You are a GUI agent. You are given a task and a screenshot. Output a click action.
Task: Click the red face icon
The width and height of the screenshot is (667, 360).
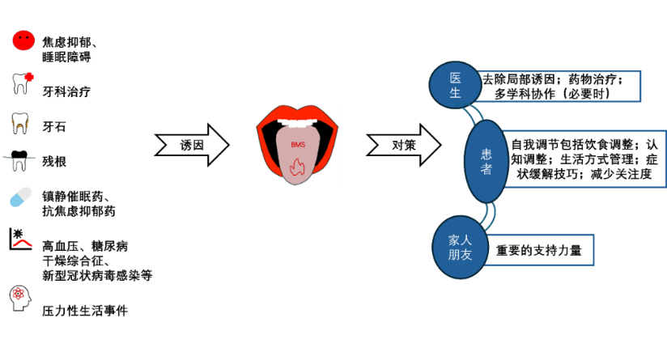23,40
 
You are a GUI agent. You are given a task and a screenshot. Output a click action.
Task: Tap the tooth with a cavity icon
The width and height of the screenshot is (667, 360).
20,122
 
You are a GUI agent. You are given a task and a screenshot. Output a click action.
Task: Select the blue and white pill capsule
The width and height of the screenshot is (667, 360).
21,197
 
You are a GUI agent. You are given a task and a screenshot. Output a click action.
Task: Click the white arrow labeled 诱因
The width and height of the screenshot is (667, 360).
192,145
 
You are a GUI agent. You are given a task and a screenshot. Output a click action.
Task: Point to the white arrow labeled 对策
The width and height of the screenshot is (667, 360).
404,145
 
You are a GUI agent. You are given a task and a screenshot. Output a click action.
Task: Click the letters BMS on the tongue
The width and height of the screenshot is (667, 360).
296,145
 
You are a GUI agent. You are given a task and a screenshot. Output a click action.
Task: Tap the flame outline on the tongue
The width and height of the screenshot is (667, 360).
297,168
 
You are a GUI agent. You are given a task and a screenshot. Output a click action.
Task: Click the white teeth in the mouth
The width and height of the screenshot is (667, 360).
297,123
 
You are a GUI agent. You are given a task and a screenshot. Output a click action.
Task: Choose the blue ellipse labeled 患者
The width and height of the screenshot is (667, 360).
486,161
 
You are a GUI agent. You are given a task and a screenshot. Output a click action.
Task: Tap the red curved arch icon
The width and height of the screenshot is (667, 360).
22,242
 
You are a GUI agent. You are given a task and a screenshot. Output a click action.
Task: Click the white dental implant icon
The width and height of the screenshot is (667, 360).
20,162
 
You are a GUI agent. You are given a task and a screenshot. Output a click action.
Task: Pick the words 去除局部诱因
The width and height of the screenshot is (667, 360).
518,79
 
